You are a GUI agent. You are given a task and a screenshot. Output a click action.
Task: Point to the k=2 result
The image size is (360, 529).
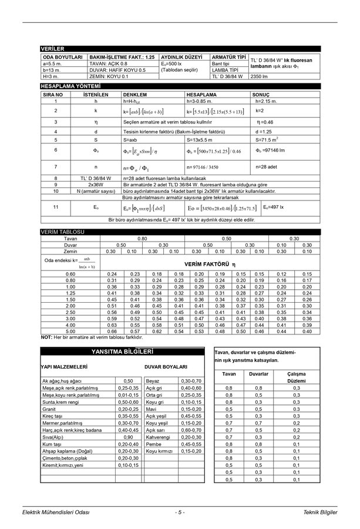click(260, 111)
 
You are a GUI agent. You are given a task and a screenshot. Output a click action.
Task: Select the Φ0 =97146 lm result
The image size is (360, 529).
click(270, 150)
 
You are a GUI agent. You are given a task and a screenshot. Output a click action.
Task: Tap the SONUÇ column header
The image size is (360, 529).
click(261, 94)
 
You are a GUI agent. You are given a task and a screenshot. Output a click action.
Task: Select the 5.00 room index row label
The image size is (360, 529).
click(70, 331)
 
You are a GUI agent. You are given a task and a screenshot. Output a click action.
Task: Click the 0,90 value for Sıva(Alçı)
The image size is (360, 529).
click(128, 437)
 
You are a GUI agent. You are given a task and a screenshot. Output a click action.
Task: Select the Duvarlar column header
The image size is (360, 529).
click(259, 373)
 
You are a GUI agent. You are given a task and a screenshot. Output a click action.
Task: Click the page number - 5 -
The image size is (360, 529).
click(180, 513)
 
